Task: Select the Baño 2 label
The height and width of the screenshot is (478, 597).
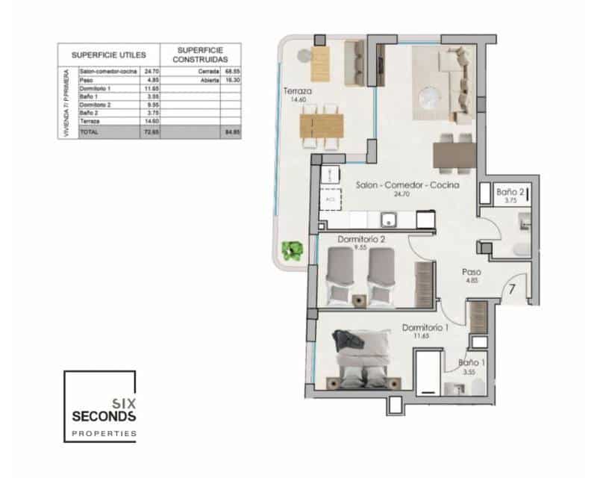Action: (x=510, y=191)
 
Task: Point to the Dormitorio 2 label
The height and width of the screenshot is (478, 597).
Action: (x=360, y=240)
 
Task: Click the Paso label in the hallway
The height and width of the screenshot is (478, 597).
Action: (x=471, y=272)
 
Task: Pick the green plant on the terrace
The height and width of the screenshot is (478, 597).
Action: (x=292, y=250)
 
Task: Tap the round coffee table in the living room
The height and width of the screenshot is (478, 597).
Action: (x=432, y=96)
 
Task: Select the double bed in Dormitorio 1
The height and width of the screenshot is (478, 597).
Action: (x=361, y=361)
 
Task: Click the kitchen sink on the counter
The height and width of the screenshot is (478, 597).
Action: (x=387, y=219)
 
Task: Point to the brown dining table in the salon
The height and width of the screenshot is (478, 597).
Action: (x=454, y=155)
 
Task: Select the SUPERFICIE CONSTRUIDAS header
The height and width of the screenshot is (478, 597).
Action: (x=198, y=55)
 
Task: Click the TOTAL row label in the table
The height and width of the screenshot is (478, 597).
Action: (x=89, y=131)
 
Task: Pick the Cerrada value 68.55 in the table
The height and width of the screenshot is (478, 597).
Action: (x=231, y=71)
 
